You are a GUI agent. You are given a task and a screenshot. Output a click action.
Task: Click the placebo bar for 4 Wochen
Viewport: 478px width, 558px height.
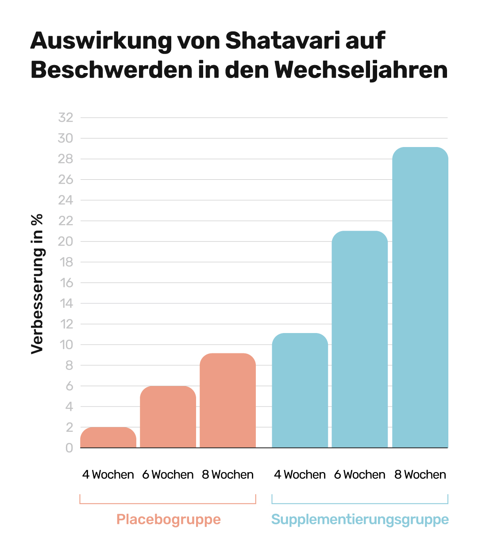(108, 437)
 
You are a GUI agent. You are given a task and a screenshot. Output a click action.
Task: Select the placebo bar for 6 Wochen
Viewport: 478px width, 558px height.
(168, 417)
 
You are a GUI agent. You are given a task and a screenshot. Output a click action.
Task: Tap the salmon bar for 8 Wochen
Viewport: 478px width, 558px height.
(227, 400)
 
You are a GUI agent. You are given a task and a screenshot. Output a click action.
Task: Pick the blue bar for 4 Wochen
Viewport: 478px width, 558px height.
(300, 390)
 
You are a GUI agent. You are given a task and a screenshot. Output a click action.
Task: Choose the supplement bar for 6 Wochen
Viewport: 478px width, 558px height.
(359, 339)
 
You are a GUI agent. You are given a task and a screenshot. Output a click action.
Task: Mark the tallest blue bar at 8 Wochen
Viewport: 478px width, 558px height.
(420, 297)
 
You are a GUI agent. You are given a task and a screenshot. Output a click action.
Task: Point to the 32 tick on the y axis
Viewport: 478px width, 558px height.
(66, 118)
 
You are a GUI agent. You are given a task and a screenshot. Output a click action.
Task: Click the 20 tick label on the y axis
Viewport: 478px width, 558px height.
(66, 241)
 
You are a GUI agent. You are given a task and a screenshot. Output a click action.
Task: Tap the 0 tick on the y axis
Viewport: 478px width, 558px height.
(69, 448)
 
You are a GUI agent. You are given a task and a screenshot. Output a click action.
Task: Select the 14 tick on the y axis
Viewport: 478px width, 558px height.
(66, 303)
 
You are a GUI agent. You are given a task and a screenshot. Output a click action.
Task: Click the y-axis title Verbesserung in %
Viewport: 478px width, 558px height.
(37, 284)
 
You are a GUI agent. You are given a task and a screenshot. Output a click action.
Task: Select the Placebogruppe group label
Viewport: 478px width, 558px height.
(169, 519)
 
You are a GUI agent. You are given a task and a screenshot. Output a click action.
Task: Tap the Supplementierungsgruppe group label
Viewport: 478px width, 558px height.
(360, 519)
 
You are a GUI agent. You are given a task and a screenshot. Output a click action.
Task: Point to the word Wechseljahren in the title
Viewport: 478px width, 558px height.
(361, 70)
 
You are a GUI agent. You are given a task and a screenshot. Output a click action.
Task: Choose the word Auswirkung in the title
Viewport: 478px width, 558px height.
(101, 41)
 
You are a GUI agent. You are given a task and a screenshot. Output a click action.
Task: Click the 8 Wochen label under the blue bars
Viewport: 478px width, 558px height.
(420, 475)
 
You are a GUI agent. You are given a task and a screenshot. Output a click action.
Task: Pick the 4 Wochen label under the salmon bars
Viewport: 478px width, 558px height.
(108, 475)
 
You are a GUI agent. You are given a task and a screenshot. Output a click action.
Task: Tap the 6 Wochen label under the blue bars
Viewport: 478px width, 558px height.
(359, 475)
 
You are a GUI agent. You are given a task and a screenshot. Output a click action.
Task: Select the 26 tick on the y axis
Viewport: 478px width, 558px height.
(66, 179)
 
